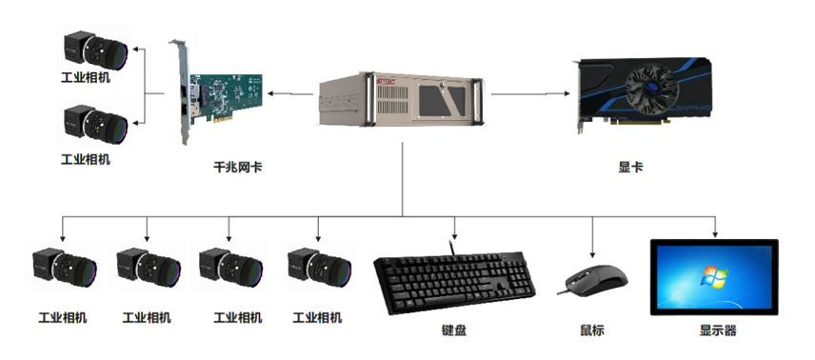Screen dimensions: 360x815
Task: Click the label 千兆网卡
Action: coord(238,166)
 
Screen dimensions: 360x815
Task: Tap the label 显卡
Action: coord(630,166)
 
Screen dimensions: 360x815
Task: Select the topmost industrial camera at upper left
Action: coord(95,48)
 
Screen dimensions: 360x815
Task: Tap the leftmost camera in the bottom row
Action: coord(63,270)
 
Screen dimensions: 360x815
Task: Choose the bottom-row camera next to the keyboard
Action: coord(316,270)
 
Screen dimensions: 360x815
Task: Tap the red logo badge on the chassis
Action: coord(388,83)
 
